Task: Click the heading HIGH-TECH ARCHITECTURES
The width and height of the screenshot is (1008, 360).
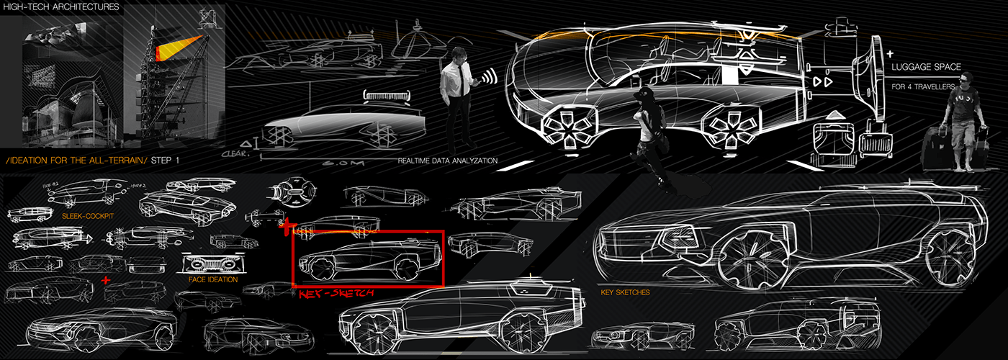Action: pyautogui.click(x=60, y=8)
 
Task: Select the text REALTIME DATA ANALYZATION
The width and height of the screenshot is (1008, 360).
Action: pyautogui.click(x=447, y=161)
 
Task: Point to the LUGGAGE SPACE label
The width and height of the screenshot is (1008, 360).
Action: pyautogui.click(x=926, y=67)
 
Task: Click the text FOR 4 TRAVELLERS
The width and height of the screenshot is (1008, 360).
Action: pyautogui.click(x=924, y=87)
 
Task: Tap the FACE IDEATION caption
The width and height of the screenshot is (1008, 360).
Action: pyautogui.click(x=213, y=279)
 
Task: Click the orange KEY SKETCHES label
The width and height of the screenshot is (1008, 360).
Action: pyautogui.click(x=625, y=293)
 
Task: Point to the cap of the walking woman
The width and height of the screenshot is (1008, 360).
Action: pyautogui.click(x=642, y=94)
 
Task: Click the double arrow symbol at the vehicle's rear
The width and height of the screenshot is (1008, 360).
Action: pyautogui.click(x=818, y=81)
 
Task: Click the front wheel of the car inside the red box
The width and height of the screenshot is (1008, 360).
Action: pyautogui.click(x=318, y=269)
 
